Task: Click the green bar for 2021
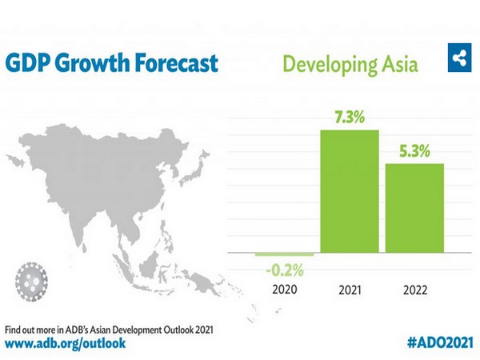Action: pyautogui.click(x=350, y=191)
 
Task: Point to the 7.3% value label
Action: pyautogui.click(x=349, y=117)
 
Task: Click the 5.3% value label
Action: pyautogui.click(x=414, y=150)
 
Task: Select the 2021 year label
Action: pyautogui.click(x=350, y=289)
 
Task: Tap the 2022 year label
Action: pyautogui.click(x=414, y=289)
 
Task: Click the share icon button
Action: pyautogui.click(x=459, y=58)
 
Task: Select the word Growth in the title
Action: pyautogui.click(x=90, y=62)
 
